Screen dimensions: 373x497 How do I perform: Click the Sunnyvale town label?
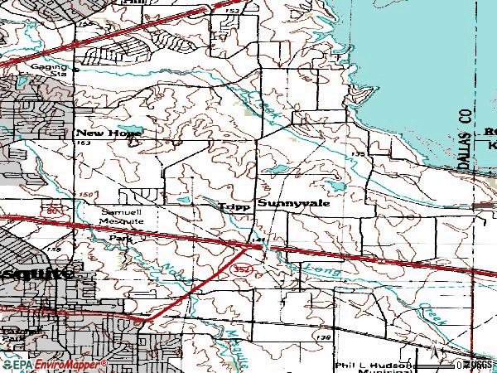(294, 202)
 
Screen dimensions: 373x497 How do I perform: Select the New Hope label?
(109, 133)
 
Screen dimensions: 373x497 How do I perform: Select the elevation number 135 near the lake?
(358, 155)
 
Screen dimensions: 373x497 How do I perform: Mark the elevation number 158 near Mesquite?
(54, 248)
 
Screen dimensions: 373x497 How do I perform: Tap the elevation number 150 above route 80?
(86, 194)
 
